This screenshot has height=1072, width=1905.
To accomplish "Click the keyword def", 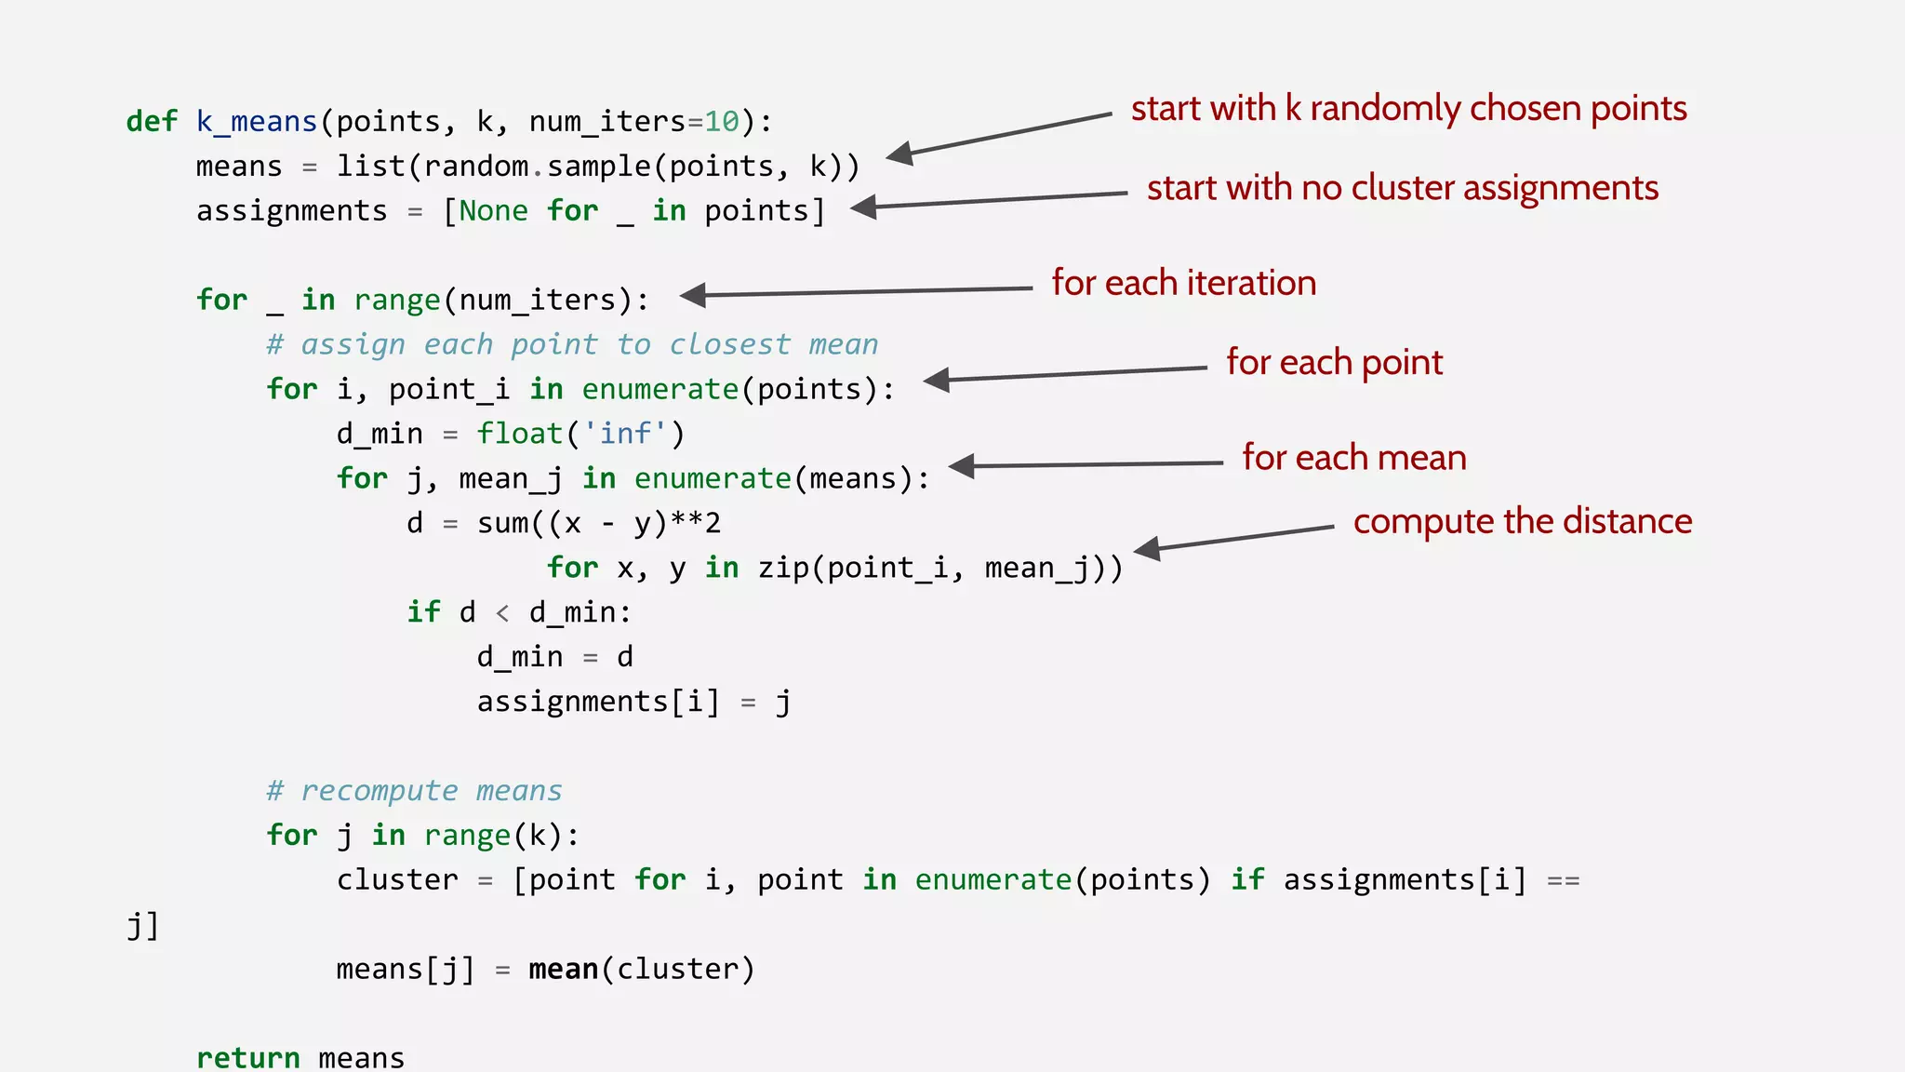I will pos(151,121).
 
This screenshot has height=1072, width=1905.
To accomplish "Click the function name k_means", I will pos(257,122).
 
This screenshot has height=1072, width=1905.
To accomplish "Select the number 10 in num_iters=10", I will pos(722,122).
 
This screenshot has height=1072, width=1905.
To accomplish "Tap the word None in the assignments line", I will pos(493,211).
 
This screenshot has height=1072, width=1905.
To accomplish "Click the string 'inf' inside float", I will pos(625,434).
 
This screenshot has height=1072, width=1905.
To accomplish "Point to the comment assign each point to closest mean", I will pos(572,345).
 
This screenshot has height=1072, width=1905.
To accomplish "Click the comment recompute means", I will pos(414,791).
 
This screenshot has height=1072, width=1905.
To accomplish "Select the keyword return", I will pos(247,1058).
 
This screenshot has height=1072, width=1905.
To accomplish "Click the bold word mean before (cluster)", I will pos(563,970).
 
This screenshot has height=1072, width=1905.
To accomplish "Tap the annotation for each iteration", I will pos(1183,283).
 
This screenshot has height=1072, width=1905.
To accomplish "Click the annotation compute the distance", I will pos(1522,521).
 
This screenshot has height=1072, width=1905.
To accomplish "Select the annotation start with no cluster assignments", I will pos(1402,188).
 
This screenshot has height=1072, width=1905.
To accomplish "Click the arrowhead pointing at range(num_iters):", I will pos(694,295).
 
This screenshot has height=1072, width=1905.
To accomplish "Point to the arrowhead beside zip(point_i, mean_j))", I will pos(1148,548).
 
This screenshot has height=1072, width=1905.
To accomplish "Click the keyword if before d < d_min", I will pos(423,612).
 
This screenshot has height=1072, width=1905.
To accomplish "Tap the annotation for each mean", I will pos(1353,458).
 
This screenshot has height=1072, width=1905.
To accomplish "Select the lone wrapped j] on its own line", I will pos(142,926).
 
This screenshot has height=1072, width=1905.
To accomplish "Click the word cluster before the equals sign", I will pos(397,880).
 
